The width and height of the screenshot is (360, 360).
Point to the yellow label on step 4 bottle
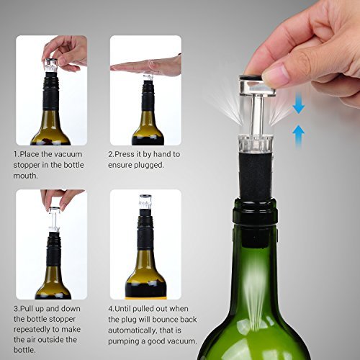(x=145, y=295)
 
